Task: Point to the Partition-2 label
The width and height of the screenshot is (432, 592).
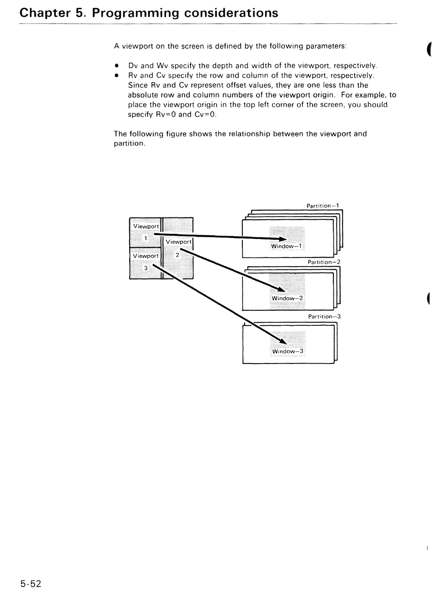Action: pos(324,262)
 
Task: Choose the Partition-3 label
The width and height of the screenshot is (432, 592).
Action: pos(324,316)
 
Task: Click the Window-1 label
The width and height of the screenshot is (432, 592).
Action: pos(286,246)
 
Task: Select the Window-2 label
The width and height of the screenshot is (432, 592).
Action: pos(287,298)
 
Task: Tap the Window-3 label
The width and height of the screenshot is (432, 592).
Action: pos(287,351)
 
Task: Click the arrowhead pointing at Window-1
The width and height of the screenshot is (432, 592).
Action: pos(283,239)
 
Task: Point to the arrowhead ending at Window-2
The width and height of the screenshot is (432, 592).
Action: pos(281,290)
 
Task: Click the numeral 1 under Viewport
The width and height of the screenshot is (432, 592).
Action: pos(146,238)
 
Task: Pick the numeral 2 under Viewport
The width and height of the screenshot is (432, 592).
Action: pos(177,255)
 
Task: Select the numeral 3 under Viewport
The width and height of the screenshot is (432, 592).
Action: pos(146,268)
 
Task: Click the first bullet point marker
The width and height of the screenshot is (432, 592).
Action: pos(117,65)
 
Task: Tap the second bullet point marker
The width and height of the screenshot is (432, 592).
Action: pos(117,75)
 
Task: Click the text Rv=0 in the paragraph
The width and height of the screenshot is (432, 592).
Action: pos(166,114)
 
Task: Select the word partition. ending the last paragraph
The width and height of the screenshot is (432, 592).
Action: pos(130,143)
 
